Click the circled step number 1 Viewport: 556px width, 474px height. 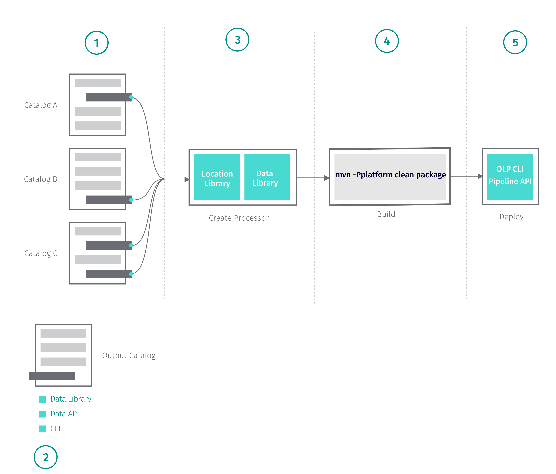96,43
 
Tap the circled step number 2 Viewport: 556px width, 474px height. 46,457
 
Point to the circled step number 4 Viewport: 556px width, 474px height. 387,41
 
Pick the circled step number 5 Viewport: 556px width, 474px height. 515,42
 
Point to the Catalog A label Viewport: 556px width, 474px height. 41,105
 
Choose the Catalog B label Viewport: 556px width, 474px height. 41,179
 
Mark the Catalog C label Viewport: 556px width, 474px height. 41,253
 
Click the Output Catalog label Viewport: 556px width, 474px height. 129,355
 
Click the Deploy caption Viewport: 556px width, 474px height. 511,217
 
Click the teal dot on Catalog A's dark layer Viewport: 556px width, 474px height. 131,97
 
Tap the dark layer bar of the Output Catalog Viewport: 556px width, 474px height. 52,376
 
